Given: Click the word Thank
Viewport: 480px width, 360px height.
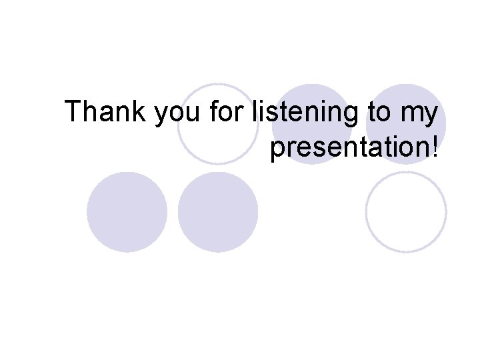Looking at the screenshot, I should point(107,112).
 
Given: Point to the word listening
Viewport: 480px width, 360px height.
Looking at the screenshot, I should point(306,113).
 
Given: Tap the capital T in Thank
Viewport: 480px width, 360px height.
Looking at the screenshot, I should point(74,112).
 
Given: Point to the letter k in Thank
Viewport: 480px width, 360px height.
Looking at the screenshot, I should point(141,112).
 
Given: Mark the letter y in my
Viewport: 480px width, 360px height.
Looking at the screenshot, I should point(431,116).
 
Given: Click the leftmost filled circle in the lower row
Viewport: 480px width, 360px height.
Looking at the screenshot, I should point(127,212).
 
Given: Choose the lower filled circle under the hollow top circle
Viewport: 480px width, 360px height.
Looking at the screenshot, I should point(218,212).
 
